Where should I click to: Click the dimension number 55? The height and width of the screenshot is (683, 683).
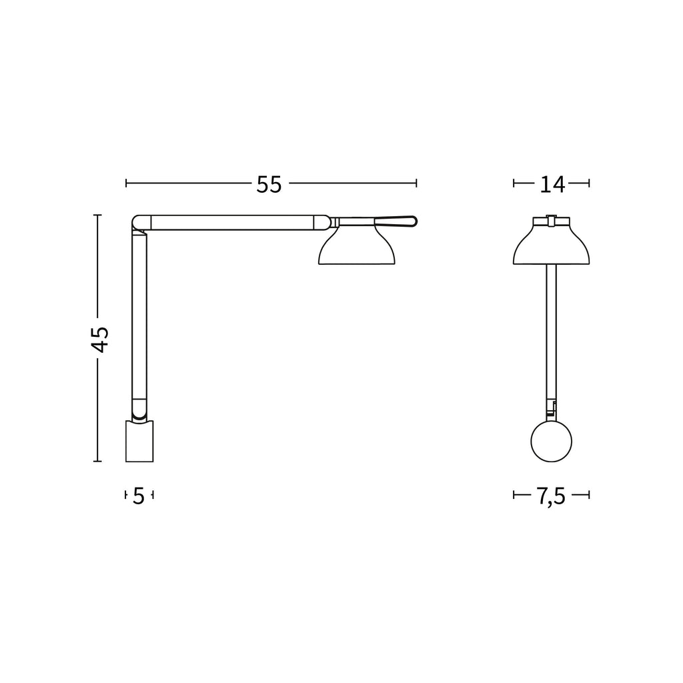coord(269,184)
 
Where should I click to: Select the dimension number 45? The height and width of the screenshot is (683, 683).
coord(100,339)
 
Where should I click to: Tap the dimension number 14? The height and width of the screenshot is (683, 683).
coord(552,184)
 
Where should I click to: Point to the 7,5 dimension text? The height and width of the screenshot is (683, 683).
coord(550,496)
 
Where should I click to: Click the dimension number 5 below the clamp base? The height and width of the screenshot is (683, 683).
coord(139,496)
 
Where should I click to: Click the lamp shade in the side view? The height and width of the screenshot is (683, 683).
coord(357,245)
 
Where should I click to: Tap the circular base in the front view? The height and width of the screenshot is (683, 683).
coord(551,442)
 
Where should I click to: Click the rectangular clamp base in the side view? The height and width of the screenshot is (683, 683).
coord(139,441)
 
